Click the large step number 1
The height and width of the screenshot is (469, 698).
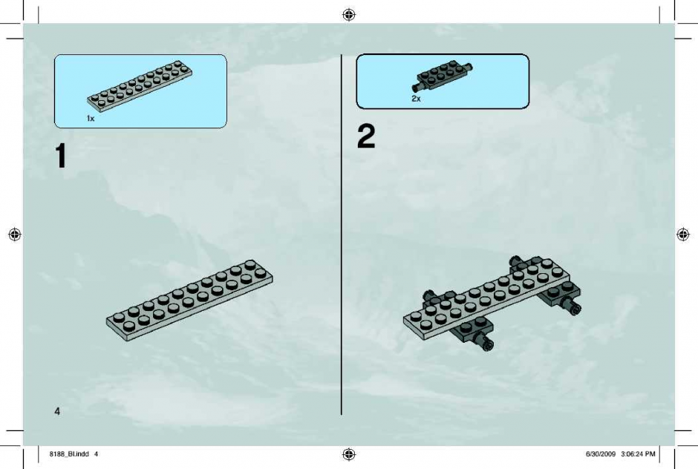61,156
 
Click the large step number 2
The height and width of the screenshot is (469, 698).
366,136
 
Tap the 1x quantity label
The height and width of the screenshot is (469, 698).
91,118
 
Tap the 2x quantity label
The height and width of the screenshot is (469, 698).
416,99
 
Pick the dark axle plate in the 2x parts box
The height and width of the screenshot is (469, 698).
443,75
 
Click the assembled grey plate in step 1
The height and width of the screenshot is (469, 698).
189,301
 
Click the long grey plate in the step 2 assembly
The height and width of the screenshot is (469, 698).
486,299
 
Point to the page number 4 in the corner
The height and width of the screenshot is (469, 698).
57,411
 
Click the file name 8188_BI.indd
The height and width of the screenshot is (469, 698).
69,454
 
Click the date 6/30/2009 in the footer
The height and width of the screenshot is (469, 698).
601,454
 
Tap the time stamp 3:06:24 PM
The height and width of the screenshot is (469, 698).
638,454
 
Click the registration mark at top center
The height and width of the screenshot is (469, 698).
349,15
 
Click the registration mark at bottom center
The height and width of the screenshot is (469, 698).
349,454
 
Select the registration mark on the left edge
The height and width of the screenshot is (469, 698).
15,234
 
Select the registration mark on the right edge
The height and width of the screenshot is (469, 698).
683,234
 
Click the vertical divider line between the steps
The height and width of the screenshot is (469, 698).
342,234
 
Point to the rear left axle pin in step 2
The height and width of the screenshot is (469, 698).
428,295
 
